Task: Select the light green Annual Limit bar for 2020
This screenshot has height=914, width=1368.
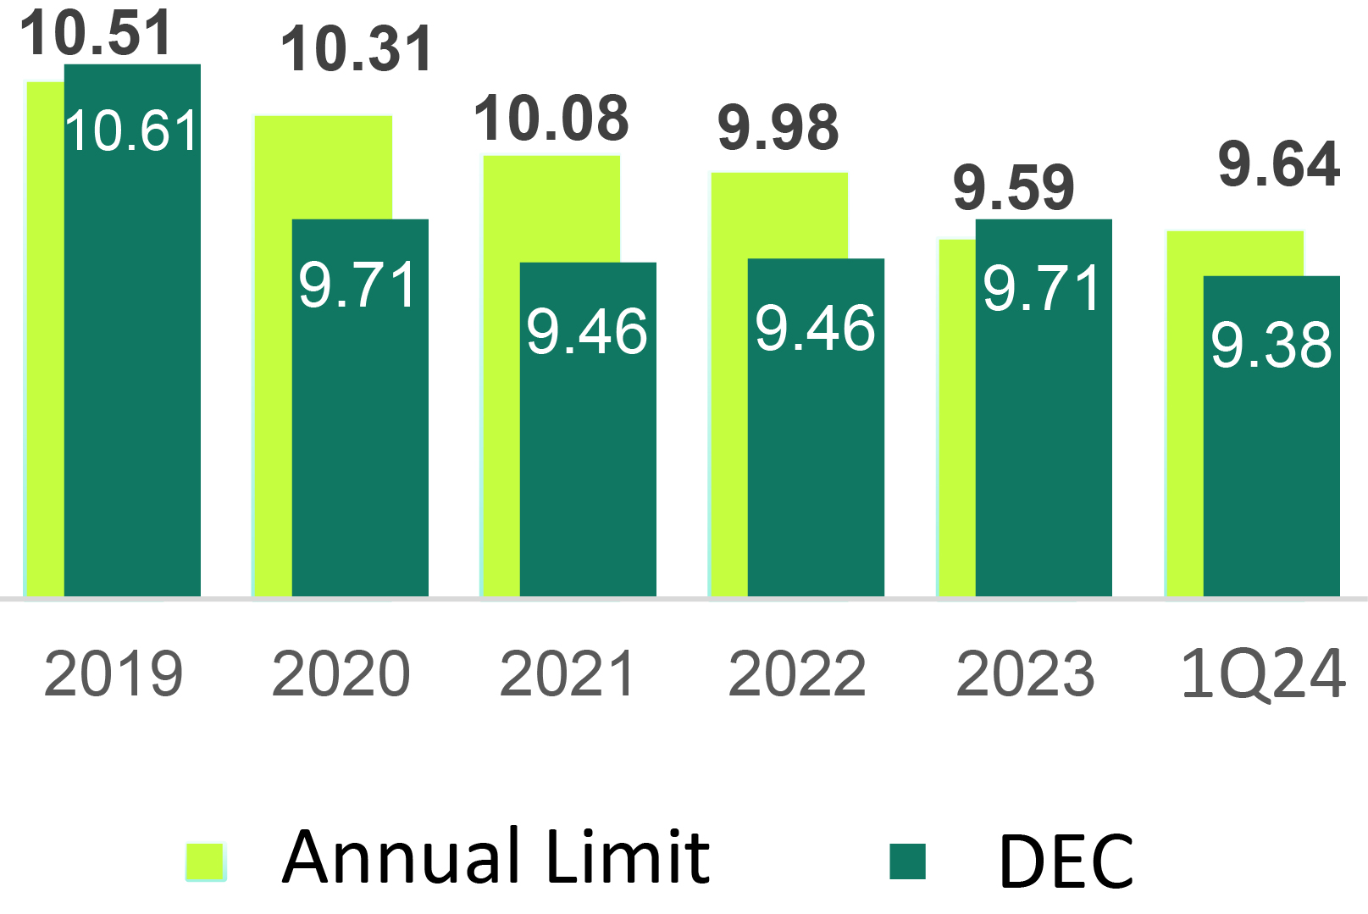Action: (273, 356)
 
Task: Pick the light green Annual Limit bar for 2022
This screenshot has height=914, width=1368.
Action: (728, 381)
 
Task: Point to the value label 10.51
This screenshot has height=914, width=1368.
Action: (96, 32)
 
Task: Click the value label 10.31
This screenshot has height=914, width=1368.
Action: (357, 49)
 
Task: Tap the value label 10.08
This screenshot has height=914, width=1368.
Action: (551, 119)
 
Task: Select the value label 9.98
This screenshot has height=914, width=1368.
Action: (778, 128)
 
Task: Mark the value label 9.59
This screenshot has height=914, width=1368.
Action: (1014, 188)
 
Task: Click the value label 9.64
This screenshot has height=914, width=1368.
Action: (1279, 164)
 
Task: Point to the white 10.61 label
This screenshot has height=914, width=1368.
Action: (131, 131)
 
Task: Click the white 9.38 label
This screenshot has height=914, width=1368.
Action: (1271, 345)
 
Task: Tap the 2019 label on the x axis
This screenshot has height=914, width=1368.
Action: (114, 674)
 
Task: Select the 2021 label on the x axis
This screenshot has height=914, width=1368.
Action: (568, 674)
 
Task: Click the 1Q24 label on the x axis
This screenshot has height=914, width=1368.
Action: (1262, 674)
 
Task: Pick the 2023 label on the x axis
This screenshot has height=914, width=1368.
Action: (1025, 674)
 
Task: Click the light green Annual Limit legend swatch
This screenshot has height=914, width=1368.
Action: (206, 861)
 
